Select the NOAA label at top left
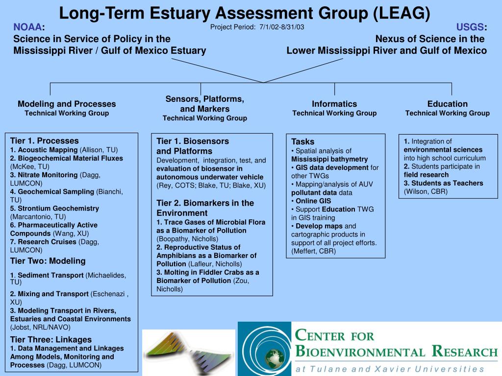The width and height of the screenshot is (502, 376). (28, 27)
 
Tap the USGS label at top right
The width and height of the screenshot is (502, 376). (471, 27)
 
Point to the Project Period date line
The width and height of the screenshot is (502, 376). (257, 27)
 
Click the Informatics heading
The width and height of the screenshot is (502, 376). (334, 104)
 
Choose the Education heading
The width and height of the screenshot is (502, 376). (447, 104)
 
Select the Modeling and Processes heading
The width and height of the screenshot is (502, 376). (67, 104)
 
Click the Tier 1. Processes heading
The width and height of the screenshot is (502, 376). (44, 141)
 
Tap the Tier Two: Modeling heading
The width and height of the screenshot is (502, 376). (48, 261)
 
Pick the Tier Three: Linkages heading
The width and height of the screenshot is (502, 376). (50, 339)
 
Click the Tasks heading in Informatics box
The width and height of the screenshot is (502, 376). (302, 141)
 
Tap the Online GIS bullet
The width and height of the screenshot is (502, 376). (313, 201)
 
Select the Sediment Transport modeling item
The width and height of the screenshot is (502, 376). (50, 276)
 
